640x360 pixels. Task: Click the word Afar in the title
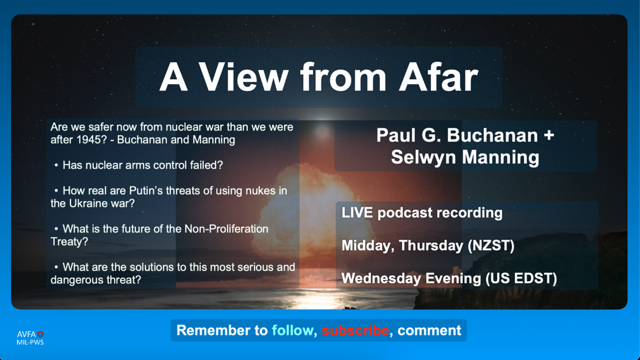click(x=439, y=77)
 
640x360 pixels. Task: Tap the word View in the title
click(x=244, y=77)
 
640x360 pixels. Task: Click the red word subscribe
click(x=355, y=330)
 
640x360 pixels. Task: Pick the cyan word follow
click(x=292, y=330)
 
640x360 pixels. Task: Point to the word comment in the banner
click(x=429, y=330)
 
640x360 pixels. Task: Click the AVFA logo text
click(x=27, y=335)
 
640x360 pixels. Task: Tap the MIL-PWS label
click(x=30, y=342)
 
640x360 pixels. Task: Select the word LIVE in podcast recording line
click(x=357, y=213)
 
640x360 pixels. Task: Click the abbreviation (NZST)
click(x=491, y=246)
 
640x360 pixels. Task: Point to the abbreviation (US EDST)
click(x=521, y=278)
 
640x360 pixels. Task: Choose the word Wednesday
click(x=381, y=278)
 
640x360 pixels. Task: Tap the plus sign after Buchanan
click(x=549, y=135)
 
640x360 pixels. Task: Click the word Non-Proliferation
click(x=226, y=229)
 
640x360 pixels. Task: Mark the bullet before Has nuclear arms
click(x=56, y=165)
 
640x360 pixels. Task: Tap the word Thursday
click(x=431, y=246)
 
